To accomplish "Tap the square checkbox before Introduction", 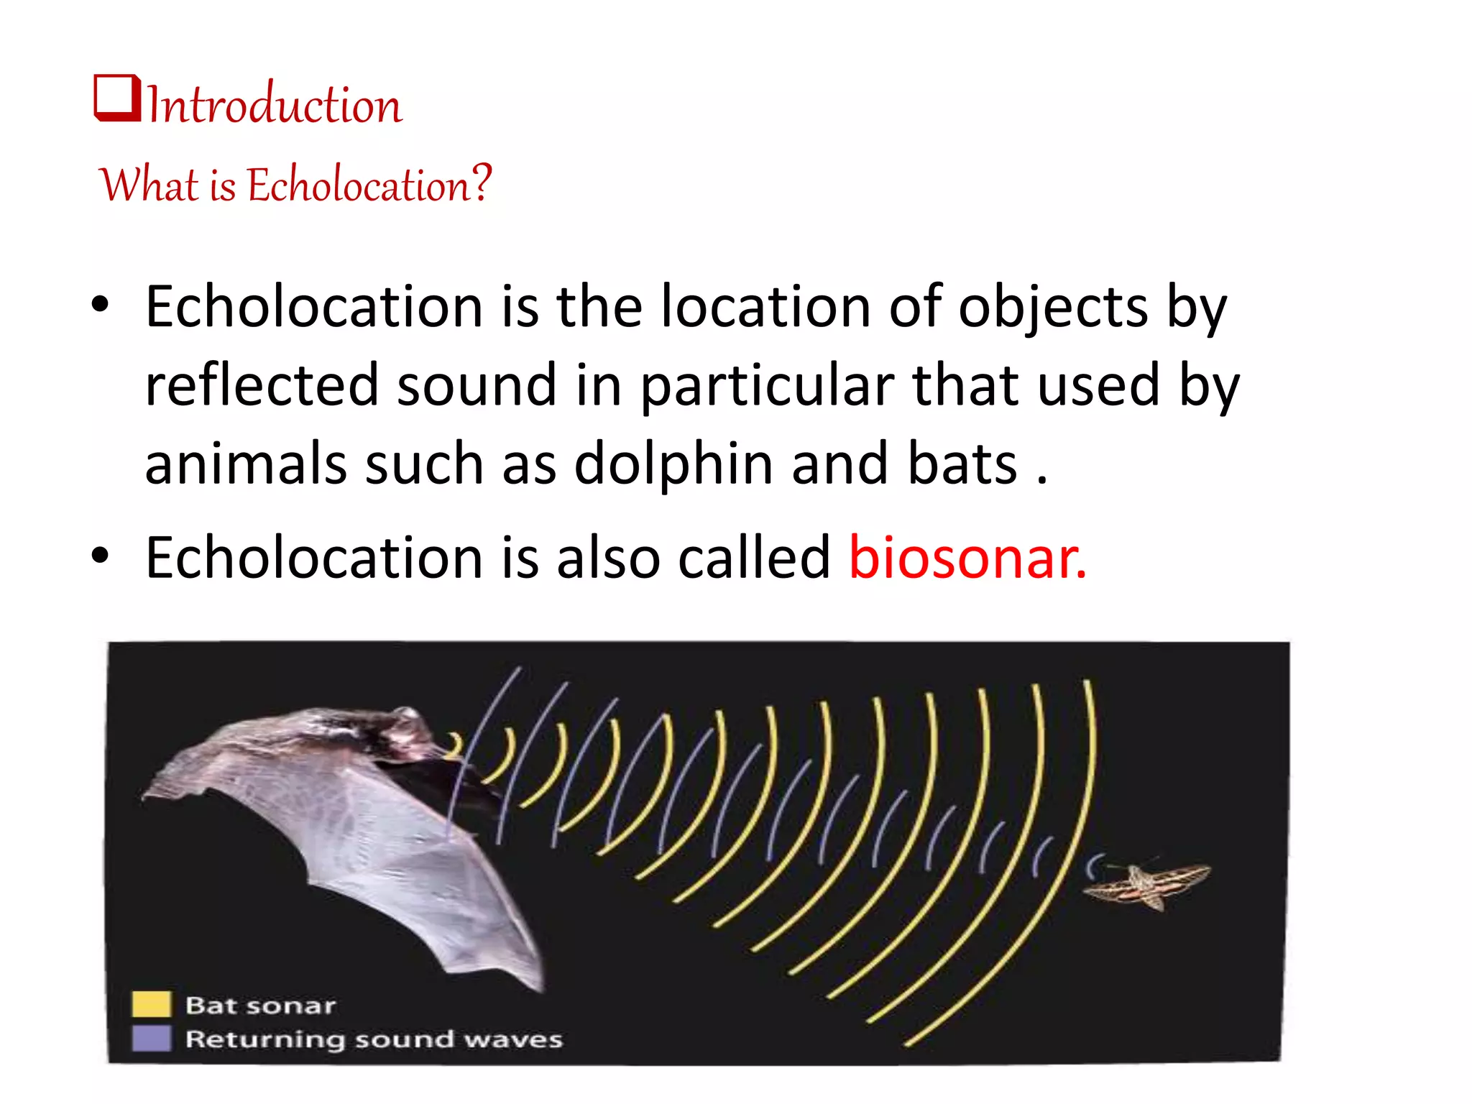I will point(116,98).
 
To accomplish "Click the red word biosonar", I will point(967,557).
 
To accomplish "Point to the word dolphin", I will point(674,464).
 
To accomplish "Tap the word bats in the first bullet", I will point(962,464).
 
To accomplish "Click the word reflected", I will point(262,385).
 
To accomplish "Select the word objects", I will point(1053,307).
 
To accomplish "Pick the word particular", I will point(767,386).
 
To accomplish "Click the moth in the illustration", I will point(1148,885).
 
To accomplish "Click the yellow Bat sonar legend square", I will point(152,1004).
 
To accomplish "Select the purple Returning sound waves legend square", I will point(152,1038).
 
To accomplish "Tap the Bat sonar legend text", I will point(260,1005).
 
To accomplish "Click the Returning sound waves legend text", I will point(374,1039).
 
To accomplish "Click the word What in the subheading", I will point(148,185).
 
